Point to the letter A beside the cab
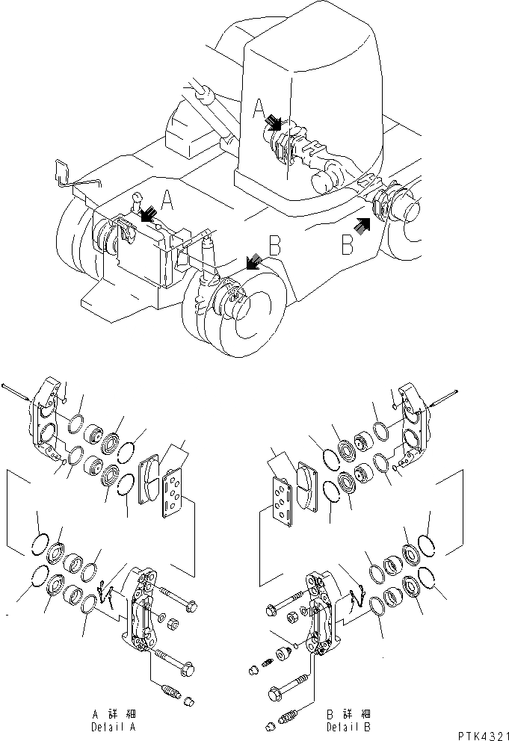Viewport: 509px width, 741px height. tap(259, 111)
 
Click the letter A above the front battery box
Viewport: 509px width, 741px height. tap(168, 201)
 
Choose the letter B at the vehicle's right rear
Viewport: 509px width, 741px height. tap(348, 244)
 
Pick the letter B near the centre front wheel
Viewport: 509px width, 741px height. tap(274, 245)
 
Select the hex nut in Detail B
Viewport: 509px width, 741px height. tap(293, 613)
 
